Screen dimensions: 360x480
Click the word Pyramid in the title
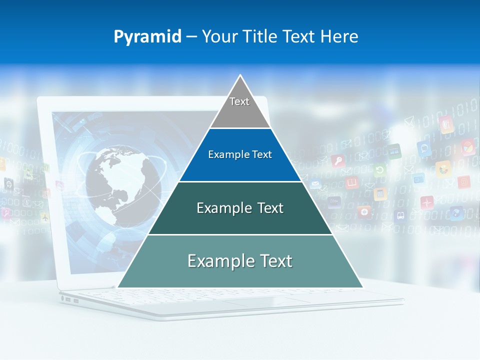click(x=147, y=37)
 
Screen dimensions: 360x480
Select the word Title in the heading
click(x=259, y=37)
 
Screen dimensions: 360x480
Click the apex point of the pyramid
click(x=240, y=76)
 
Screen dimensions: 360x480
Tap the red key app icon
click(x=338, y=161)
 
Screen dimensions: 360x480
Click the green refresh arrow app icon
click(x=379, y=170)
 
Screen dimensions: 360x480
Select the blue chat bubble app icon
click(x=424, y=148)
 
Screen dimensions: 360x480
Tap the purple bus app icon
click(x=400, y=215)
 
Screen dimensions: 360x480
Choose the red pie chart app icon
click(x=467, y=147)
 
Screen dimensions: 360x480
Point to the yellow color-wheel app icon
click(x=443, y=168)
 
